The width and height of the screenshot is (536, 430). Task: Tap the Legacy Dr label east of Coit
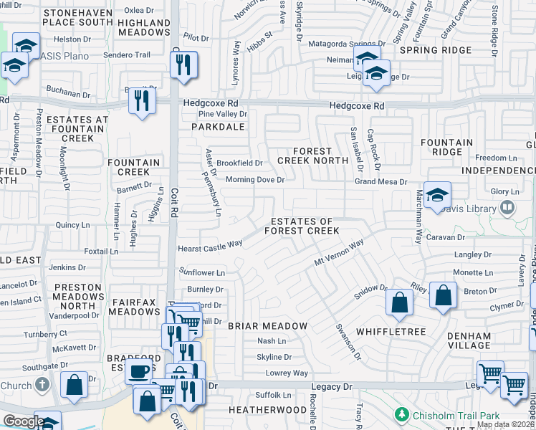337,386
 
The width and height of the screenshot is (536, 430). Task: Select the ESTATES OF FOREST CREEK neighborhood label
301,226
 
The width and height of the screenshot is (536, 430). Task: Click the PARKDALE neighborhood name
218,127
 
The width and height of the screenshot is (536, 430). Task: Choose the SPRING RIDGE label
436,50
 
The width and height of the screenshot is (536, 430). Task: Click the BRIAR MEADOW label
267,326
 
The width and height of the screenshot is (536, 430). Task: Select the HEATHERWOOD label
267,409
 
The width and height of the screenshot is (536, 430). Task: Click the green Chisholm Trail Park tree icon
402,415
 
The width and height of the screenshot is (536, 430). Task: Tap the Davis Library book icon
507,208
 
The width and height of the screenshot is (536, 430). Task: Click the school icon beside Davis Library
437,195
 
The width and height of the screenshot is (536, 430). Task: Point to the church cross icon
44,383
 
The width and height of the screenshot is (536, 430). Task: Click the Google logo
23,421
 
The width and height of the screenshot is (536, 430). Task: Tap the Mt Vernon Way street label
340,253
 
